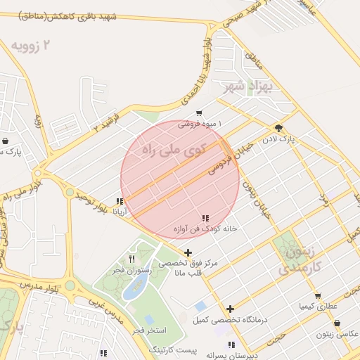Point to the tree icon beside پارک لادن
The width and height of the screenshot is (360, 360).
click(x=279, y=128)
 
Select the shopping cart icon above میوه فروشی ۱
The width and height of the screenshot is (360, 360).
click(x=200, y=113)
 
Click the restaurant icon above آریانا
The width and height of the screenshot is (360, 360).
click(x=121, y=201)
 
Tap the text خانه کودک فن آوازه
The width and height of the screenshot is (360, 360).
click(x=205, y=229)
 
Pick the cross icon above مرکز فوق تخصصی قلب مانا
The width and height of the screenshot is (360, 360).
click(x=188, y=252)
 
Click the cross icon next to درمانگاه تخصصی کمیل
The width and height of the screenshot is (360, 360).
click(x=230, y=309)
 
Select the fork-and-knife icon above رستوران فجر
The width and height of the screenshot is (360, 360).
click(x=131, y=259)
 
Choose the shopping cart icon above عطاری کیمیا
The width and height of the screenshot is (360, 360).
click(x=318, y=296)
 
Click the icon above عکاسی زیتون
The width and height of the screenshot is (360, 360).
click(x=337, y=323)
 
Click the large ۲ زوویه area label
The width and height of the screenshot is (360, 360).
click(x=31, y=46)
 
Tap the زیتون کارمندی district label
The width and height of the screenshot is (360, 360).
click(x=300, y=259)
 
